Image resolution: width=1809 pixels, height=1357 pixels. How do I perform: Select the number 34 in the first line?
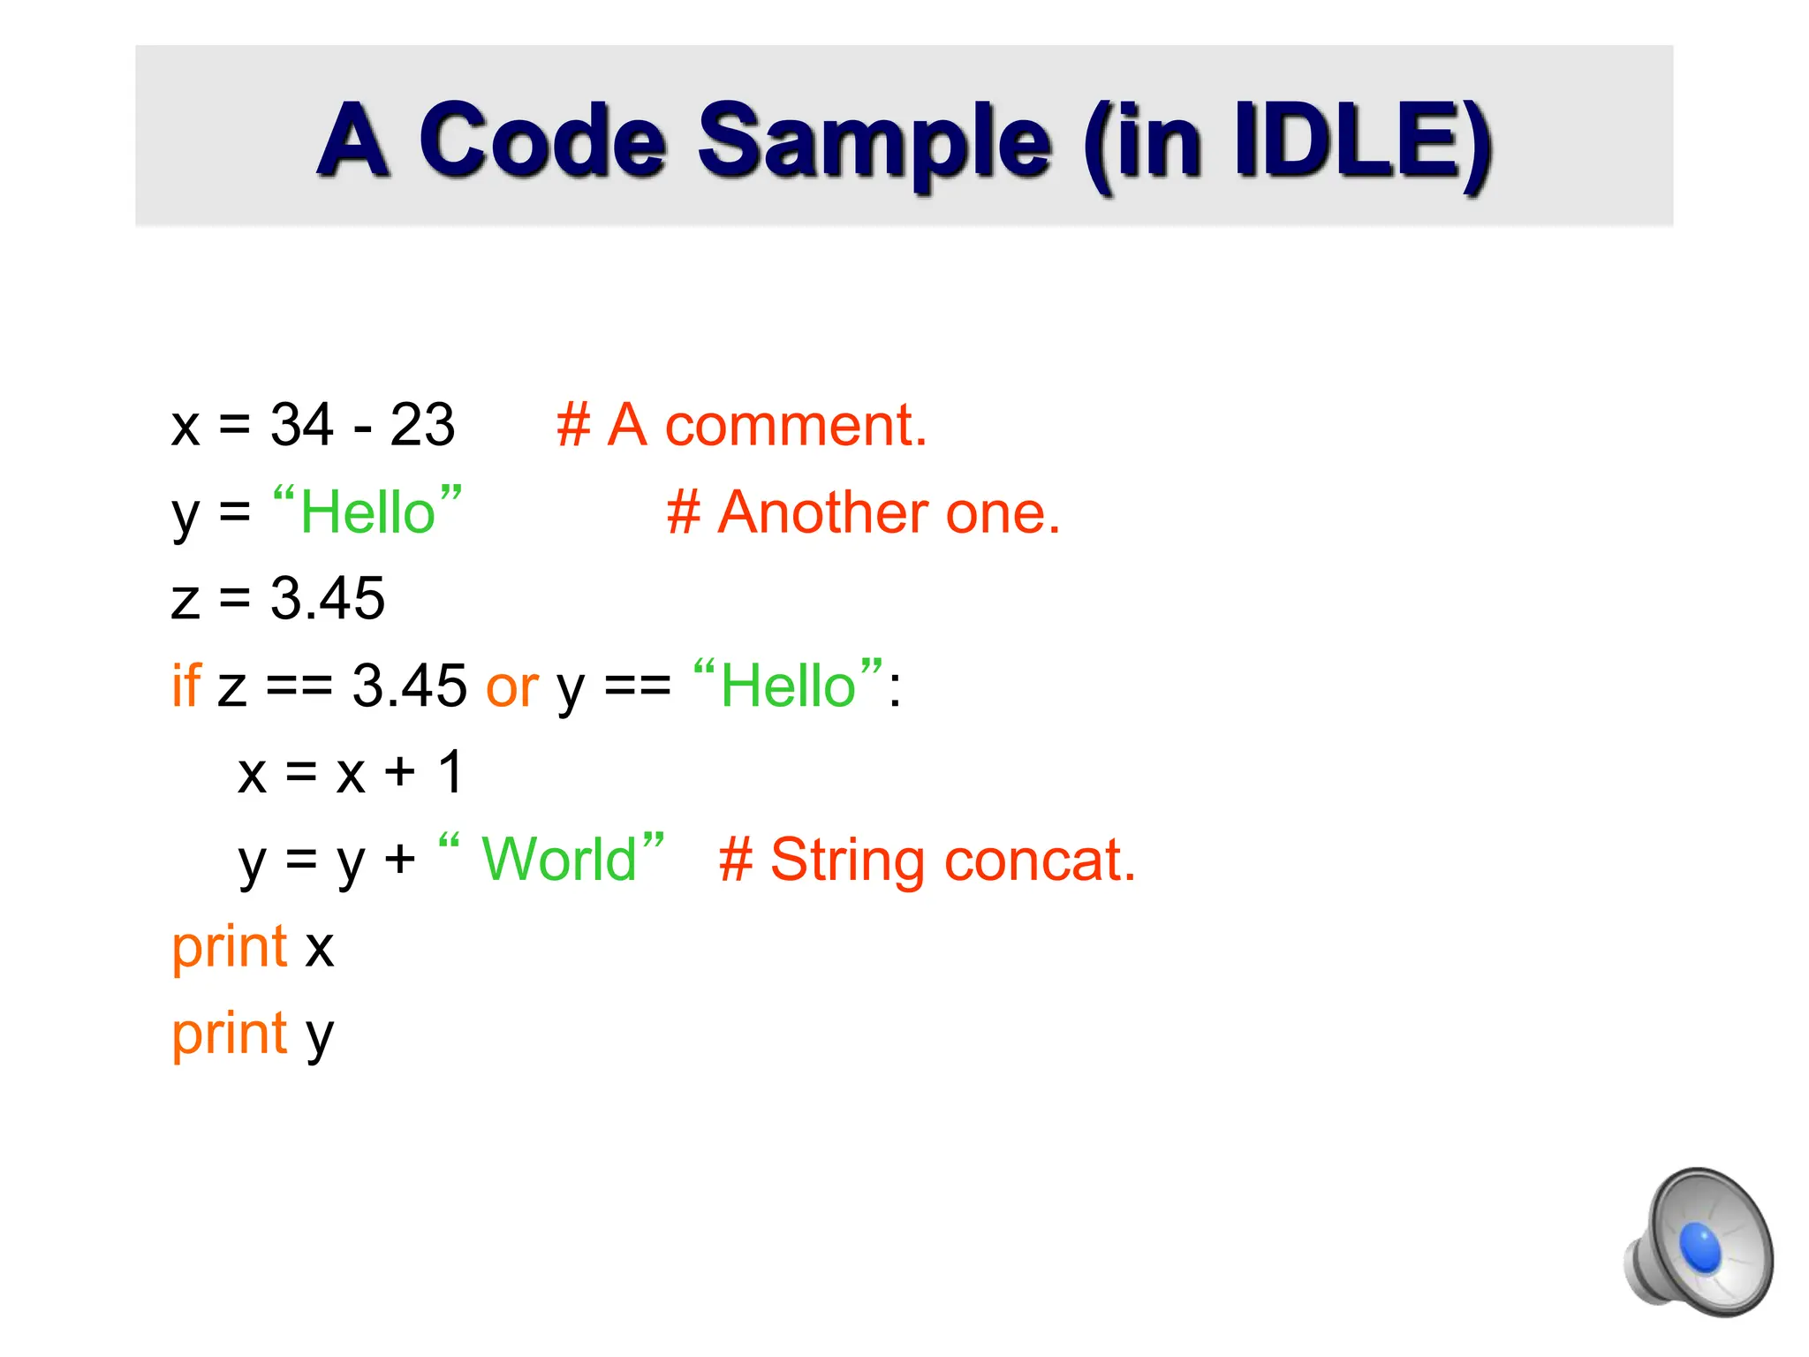coord(302,425)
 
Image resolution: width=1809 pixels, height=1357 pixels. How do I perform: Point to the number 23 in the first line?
coord(422,425)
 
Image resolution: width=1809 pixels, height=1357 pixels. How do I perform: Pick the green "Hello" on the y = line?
coord(367,512)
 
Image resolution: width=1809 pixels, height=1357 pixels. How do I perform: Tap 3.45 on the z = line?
coord(327,598)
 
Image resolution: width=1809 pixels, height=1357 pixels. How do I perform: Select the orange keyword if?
coord(186,685)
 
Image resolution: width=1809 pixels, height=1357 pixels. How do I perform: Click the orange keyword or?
coord(512,686)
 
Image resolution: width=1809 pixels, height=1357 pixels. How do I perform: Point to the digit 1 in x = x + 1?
coord(450,771)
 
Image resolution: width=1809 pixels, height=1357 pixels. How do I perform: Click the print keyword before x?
coord(230,947)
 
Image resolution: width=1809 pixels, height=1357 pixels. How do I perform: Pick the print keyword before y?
coord(230,1034)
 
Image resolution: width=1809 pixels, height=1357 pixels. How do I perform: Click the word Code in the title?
coord(541,141)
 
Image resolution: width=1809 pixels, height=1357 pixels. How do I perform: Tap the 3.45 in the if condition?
coord(409,685)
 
